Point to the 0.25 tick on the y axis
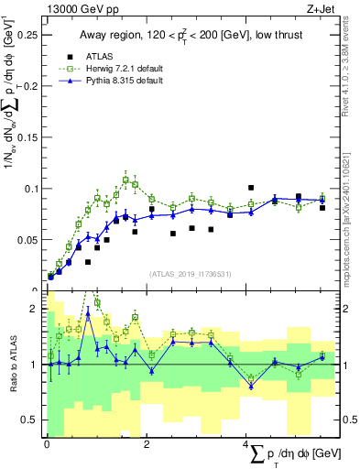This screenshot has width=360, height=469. point(29,35)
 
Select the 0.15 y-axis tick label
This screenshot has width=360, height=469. point(29,137)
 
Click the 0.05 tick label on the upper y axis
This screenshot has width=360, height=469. point(29,240)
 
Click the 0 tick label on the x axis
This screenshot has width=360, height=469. point(47,442)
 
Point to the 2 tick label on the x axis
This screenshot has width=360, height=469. point(147,442)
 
